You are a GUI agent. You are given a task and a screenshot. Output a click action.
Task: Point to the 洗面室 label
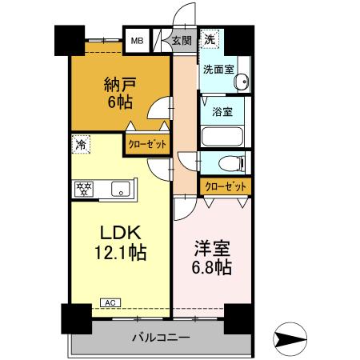tap(218, 70)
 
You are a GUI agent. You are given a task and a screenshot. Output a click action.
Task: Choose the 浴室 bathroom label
tap(222, 111)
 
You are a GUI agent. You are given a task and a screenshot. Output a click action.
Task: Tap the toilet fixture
tap(232, 163)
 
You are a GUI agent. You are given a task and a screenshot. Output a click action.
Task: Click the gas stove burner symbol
tap(82, 189)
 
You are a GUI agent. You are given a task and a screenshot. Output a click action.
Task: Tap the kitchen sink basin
tap(122, 189)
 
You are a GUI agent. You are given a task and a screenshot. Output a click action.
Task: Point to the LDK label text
tap(121, 233)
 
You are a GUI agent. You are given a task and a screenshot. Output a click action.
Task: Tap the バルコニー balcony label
tap(161, 337)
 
